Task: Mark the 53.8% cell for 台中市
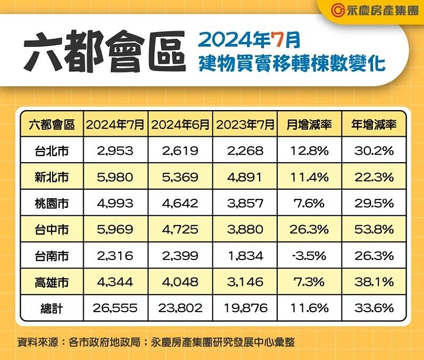374,229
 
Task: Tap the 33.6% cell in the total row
374,308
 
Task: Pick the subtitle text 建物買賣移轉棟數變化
292,63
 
